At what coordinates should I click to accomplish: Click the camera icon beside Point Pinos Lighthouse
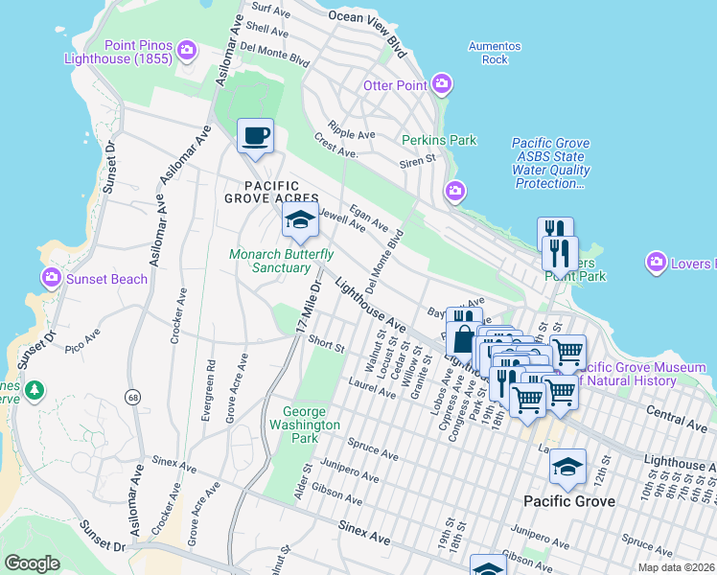[x=188, y=49]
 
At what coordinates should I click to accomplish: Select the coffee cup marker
[x=255, y=136]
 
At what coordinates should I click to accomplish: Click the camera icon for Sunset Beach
[x=51, y=279]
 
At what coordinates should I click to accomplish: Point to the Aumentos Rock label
[x=494, y=53]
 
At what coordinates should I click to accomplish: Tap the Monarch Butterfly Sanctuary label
[x=281, y=261]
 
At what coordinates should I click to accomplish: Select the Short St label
[x=326, y=345]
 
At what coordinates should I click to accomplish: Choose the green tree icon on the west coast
[x=35, y=390]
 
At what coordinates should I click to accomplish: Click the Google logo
[x=32, y=563]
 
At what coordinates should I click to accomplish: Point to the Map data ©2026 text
[x=675, y=567]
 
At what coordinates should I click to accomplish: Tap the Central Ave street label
[x=677, y=418]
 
